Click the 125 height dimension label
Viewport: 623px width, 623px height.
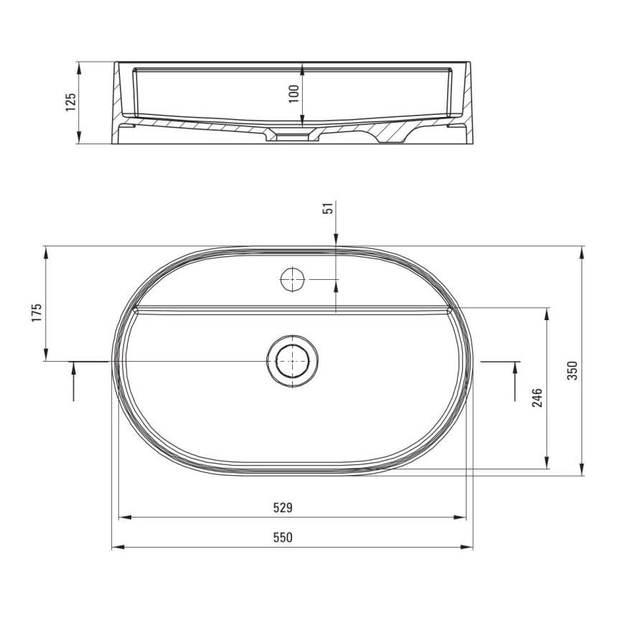point(70,103)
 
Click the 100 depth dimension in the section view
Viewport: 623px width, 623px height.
point(294,93)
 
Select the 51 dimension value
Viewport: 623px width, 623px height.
point(327,208)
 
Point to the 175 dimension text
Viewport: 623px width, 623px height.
point(37,313)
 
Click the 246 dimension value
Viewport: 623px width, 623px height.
point(537,398)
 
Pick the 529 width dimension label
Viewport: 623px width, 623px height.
point(283,507)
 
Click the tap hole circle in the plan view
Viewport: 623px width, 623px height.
point(292,278)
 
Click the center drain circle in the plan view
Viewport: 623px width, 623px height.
point(291,360)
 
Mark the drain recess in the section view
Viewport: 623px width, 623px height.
point(291,134)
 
